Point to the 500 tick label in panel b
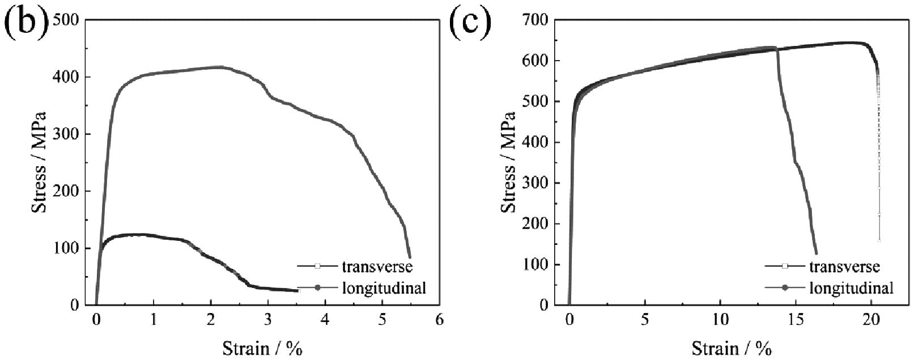(x=68, y=21)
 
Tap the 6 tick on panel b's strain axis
(x=439, y=320)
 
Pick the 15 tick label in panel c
(x=796, y=320)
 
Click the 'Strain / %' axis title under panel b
(x=262, y=348)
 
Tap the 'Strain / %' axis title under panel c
(x=732, y=348)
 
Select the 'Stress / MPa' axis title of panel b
(x=39, y=162)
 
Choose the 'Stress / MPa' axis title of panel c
(x=508, y=162)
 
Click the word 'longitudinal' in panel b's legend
(x=384, y=287)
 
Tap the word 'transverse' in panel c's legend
(x=844, y=266)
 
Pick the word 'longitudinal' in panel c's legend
(x=851, y=288)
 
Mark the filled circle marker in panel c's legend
(x=785, y=288)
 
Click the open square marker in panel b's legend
(x=317, y=266)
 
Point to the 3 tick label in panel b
(x=268, y=320)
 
